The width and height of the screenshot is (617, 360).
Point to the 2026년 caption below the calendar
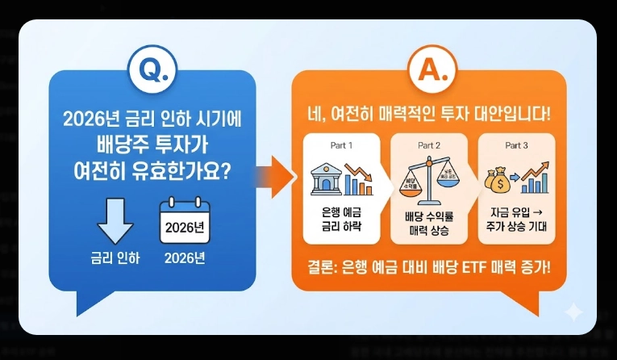[184, 259]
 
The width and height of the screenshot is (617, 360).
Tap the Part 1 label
[342, 146]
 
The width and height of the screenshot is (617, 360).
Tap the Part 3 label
[515, 146]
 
